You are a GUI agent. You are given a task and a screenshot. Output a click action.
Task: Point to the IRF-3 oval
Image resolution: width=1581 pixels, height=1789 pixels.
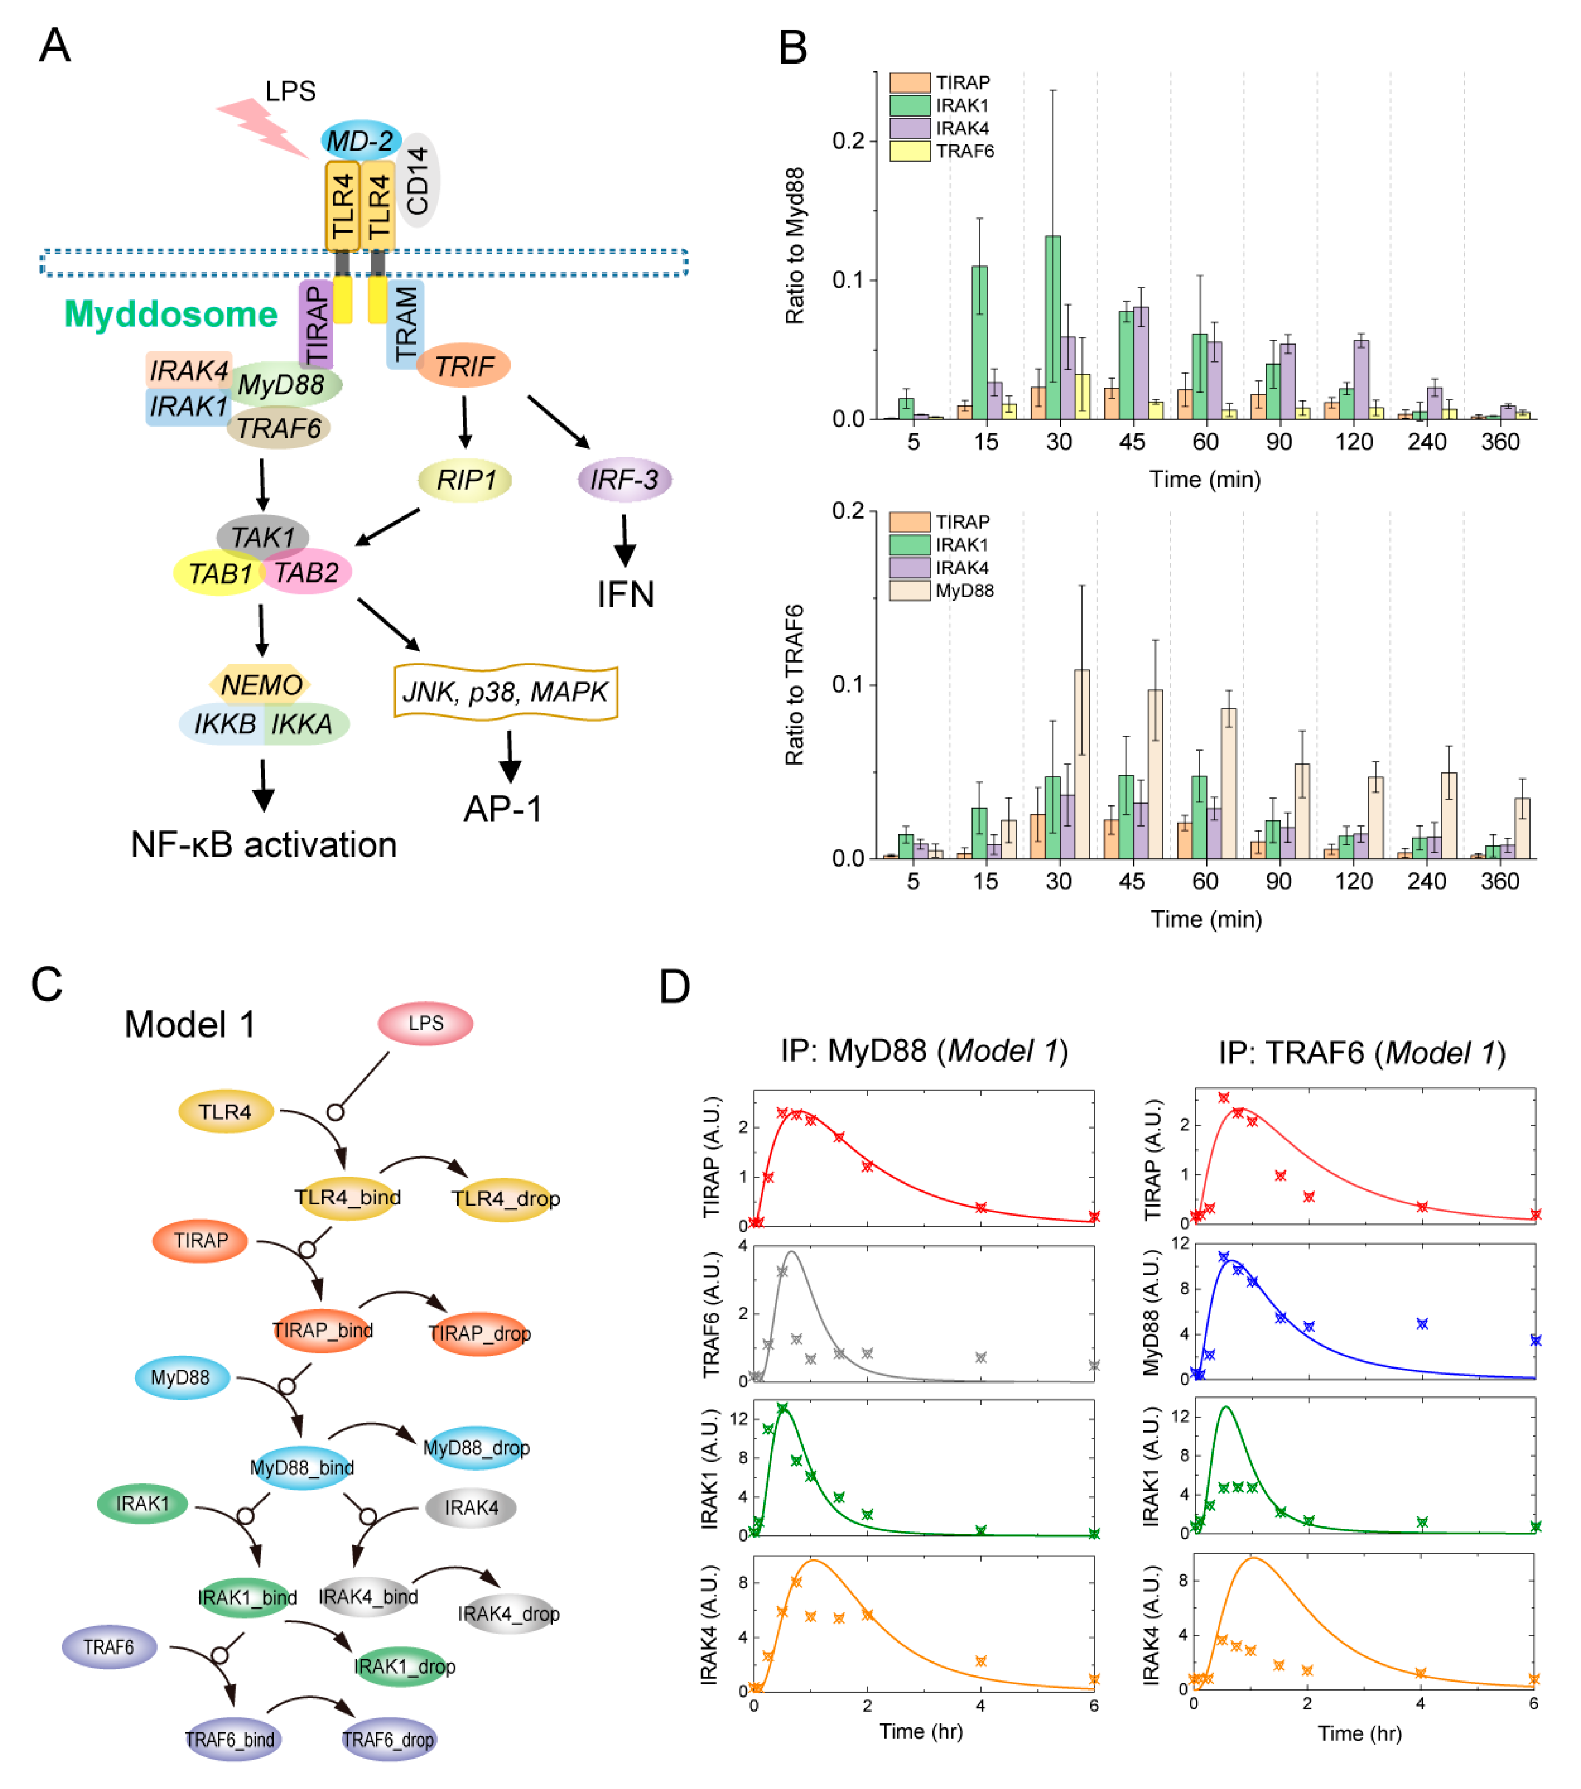tap(624, 480)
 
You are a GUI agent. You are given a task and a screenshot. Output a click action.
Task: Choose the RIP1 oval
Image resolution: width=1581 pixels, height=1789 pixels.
tap(465, 480)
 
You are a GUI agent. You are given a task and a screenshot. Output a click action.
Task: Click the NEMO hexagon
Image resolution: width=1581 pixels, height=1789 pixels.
tap(261, 684)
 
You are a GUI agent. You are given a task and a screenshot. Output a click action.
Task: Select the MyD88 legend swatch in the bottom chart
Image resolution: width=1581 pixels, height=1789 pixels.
tap(909, 591)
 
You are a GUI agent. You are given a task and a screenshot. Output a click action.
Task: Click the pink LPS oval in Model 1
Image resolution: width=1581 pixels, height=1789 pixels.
tap(425, 1023)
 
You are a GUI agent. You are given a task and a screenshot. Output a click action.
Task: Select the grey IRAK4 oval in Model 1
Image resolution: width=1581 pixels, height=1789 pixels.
tap(471, 1507)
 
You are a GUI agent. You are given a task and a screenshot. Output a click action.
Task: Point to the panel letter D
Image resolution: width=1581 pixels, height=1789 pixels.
tap(674, 987)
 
